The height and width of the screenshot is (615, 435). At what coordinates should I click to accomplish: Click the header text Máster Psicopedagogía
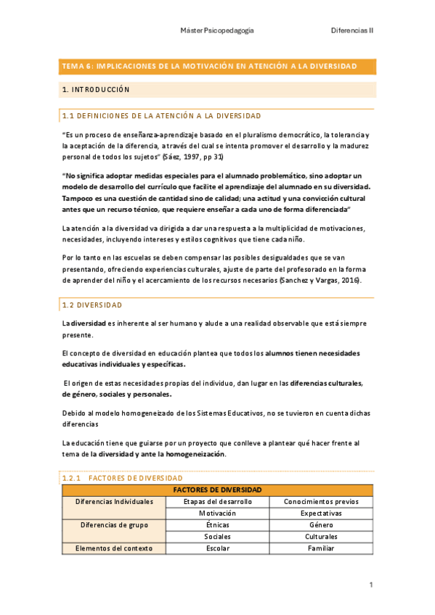[x=216, y=31]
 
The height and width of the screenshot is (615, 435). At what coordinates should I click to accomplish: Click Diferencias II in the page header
[x=352, y=31]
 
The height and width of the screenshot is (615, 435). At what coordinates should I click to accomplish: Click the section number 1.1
[x=68, y=116]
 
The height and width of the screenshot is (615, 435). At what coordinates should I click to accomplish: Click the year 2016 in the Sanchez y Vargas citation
[x=346, y=281]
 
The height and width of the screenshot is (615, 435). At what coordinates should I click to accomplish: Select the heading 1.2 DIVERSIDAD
[x=92, y=305]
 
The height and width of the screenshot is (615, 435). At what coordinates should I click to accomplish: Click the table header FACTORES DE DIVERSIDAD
[x=217, y=490]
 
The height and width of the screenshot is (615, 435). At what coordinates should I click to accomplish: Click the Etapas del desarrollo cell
[x=217, y=502]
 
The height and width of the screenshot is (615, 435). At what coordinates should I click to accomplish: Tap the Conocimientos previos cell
[x=321, y=502]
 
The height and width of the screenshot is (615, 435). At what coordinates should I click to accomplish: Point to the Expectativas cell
[x=321, y=513]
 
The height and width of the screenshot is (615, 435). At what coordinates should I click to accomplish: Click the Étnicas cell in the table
[x=217, y=525]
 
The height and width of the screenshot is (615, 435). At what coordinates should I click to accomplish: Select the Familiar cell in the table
[x=321, y=548]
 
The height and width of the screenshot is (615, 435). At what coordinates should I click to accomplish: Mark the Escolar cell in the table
[x=217, y=548]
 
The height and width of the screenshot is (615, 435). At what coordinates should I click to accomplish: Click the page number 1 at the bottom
[x=370, y=585]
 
